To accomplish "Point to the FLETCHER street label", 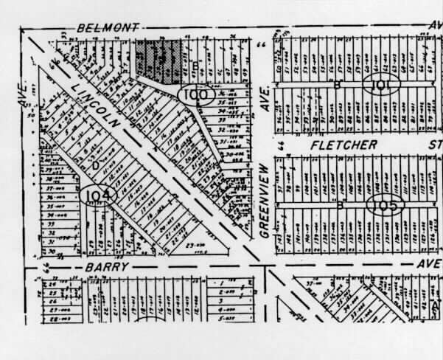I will [x=343, y=145].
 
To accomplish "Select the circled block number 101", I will [x=381, y=85].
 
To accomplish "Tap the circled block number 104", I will [x=99, y=195].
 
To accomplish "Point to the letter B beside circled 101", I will [x=338, y=85].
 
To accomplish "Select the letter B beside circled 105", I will [x=340, y=205].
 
